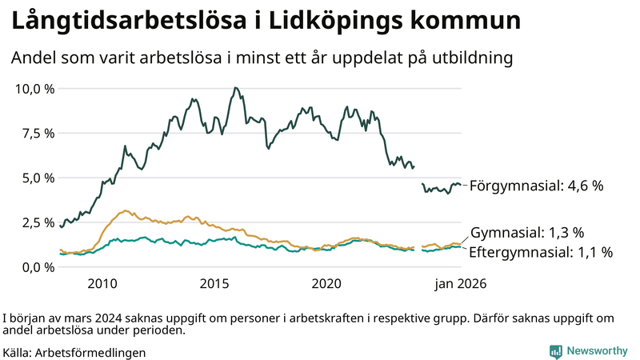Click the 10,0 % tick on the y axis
click(x=34, y=88)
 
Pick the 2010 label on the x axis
click(x=103, y=284)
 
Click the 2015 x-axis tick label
click(x=215, y=284)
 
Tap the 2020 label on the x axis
click(x=326, y=284)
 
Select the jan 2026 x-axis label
click(x=460, y=284)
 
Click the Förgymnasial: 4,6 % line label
click(x=536, y=186)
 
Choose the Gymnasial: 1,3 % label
click(x=527, y=233)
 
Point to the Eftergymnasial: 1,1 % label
click(x=541, y=253)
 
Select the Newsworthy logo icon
click(x=555, y=351)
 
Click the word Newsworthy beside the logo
click(x=598, y=351)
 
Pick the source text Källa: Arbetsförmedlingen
click(x=74, y=352)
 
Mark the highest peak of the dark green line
click(x=234, y=88)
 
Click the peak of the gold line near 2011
click(x=126, y=211)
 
